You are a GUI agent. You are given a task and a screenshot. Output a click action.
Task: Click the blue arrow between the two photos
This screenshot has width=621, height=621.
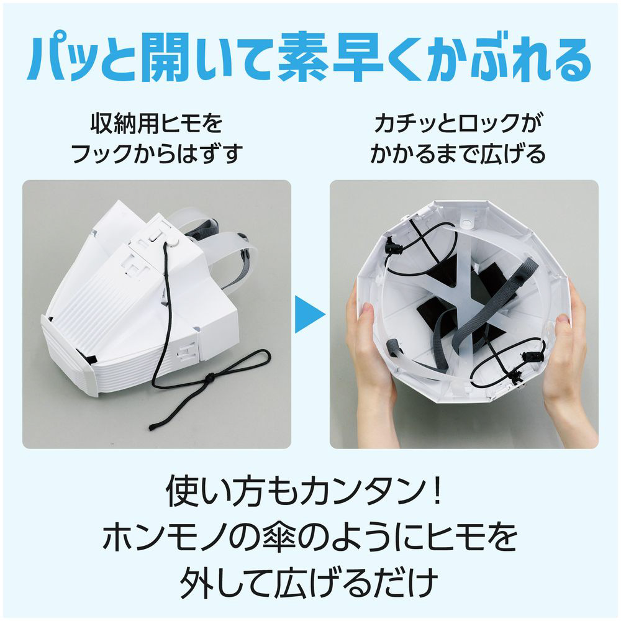tap(309, 314)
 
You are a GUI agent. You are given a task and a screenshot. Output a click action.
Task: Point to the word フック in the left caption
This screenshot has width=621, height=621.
tap(101, 153)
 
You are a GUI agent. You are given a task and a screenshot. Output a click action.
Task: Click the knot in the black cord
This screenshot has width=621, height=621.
tap(211, 379)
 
